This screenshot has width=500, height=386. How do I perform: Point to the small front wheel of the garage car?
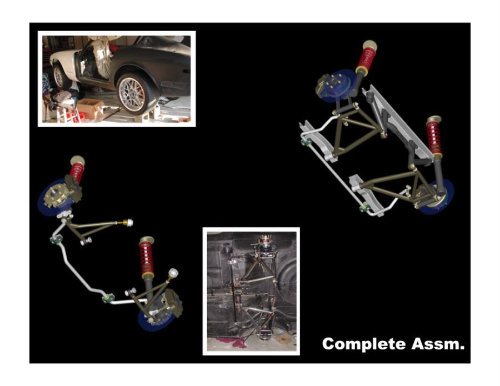pos(59,76)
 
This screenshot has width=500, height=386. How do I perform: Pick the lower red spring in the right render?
pos(434,137)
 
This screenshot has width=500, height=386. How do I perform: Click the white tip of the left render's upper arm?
pos(129,222)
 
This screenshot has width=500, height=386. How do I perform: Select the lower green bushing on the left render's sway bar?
pos(108,298)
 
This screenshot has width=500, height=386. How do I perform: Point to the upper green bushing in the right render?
pos(306,141)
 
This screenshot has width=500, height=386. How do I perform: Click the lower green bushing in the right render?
pos(364,208)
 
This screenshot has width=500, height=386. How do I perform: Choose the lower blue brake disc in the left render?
pos(156,315)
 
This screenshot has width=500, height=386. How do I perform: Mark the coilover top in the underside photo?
pos(266,238)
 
